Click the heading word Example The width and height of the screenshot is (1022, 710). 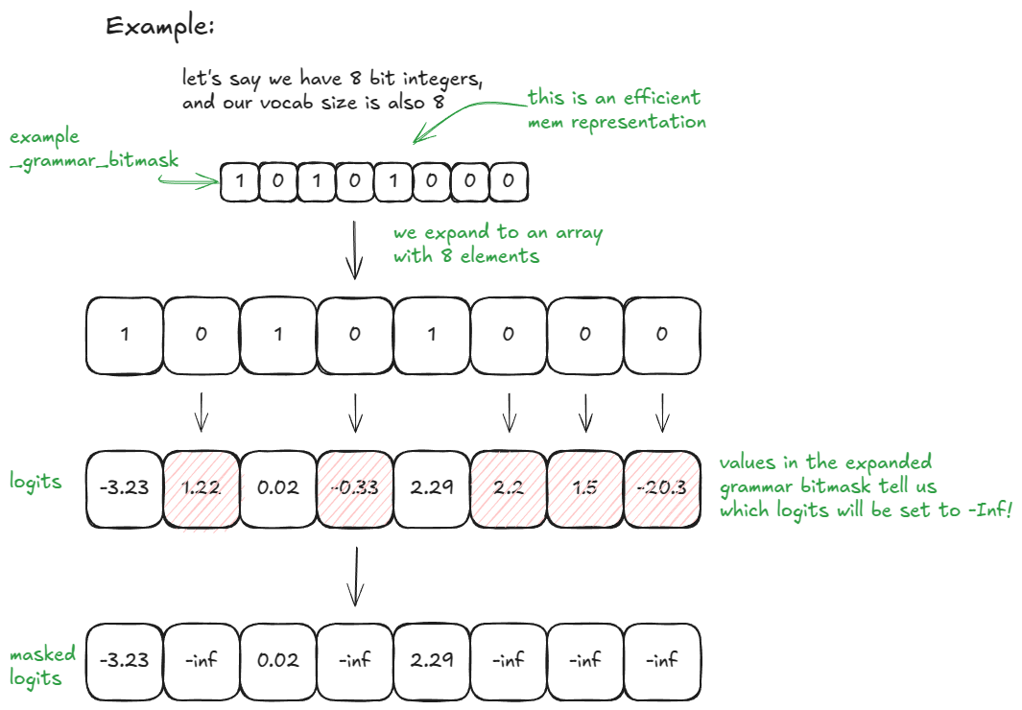159,27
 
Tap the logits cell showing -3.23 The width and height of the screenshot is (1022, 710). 124,487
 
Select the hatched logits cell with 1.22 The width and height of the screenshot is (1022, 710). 202,487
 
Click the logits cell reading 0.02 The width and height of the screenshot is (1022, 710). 278,487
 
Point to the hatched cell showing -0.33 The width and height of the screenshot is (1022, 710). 355,487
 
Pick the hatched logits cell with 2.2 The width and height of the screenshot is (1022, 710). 509,487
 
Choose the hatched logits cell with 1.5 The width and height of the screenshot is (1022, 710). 585,487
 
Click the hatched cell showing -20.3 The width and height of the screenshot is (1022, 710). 662,487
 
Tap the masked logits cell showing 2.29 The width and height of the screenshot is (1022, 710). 432,660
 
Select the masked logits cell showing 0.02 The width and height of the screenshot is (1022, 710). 278,660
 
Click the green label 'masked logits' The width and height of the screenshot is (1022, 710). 43,666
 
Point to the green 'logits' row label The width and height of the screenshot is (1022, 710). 36,480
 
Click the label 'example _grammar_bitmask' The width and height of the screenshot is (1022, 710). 94,149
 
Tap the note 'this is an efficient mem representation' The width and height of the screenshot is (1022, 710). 617,109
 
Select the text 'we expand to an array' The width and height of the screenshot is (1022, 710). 498,233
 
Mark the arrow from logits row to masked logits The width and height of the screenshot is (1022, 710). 355,576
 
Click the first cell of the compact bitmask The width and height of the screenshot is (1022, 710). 239,181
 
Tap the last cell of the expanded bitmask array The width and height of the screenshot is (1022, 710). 662,335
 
